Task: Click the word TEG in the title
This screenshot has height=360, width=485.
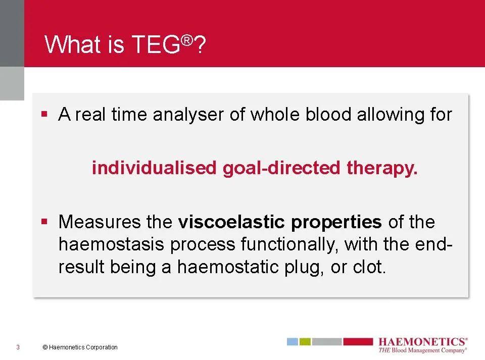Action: [x=156, y=44]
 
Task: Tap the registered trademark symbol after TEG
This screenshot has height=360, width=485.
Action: [x=187, y=40]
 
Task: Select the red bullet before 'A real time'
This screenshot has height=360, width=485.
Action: [x=44, y=114]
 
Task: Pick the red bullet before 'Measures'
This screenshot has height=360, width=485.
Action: [x=44, y=222]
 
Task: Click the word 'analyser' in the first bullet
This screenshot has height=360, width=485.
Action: [x=188, y=115]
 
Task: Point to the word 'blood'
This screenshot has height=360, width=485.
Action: [x=328, y=114]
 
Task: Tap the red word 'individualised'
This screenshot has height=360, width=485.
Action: [x=154, y=168]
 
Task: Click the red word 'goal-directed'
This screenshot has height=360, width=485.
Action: [x=281, y=169]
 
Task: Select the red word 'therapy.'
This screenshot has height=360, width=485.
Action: [x=382, y=169]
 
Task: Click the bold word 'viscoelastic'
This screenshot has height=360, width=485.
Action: [x=231, y=222]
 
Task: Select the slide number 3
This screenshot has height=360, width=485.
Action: [x=18, y=347]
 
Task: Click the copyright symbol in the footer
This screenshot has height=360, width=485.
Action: [x=45, y=347]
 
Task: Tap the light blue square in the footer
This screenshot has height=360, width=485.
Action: [x=293, y=341]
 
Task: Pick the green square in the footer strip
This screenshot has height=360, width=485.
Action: [x=305, y=341]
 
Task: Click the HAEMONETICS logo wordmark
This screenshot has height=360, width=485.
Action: [x=422, y=342]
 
